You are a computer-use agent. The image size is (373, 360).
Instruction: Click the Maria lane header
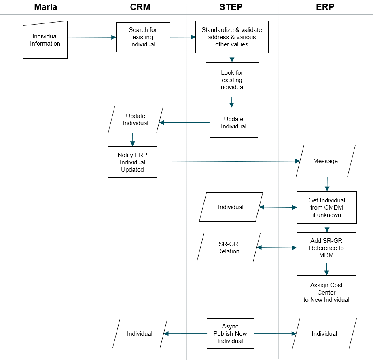tap(46, 7)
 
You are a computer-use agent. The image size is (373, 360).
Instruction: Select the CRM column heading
tap(140, 7)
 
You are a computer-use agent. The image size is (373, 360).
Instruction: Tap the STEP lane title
tap(231, 7)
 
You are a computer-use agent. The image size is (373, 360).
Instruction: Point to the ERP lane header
tap(325, 7)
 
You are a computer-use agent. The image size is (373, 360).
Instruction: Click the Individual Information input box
tap(45, 40)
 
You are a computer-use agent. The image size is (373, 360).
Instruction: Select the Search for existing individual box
tap(143, 37)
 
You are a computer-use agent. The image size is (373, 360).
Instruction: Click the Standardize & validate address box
tap(232, 37)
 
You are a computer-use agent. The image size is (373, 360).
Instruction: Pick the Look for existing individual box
tap(232, 80)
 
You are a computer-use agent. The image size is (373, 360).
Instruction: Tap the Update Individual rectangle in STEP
tap(234, 122)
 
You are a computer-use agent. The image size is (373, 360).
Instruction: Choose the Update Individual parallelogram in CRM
tap(136, 119)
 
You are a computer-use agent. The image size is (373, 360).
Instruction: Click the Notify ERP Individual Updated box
tap(133, 162)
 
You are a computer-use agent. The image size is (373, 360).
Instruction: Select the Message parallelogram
tap(325, 161)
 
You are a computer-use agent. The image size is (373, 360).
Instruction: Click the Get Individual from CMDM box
tap(327, 207)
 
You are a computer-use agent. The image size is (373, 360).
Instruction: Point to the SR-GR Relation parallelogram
tap(229, 247)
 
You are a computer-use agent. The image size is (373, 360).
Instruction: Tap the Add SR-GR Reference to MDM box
tap(326, 248)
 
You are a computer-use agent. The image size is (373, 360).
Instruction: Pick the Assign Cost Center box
tap(326, 292)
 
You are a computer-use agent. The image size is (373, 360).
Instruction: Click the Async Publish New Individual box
tap(230, 334)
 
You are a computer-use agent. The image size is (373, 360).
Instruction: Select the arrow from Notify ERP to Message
tap(228, 161)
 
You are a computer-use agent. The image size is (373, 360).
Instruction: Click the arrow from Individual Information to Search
tap(92, 37)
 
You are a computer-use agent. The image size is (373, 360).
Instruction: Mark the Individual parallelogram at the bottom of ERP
tap(324, 334)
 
